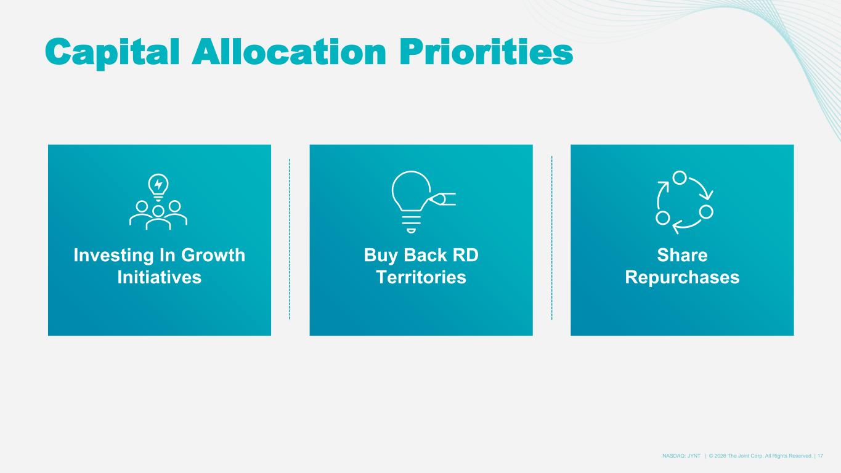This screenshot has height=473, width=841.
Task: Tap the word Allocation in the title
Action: pos(289,52)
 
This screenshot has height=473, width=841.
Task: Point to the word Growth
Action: pos(213,255)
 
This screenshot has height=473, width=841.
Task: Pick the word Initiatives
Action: pos(159,277)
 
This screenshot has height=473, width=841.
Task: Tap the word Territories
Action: pos(421,277)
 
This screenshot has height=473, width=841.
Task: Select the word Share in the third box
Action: pos(682,255)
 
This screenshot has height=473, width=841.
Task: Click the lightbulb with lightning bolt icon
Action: pos(158,187)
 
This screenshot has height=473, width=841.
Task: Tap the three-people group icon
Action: pos(158,215)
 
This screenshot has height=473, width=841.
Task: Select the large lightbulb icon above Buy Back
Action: pos(411,201)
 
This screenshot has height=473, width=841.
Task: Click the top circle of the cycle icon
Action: pos(679,177)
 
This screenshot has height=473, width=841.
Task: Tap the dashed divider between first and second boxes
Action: pos(290,239)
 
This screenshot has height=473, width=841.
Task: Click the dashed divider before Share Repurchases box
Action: pos(551,238)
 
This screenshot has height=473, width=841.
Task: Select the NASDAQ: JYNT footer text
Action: pos(681,456)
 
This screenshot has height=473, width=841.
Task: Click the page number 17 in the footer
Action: pos(820,456)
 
